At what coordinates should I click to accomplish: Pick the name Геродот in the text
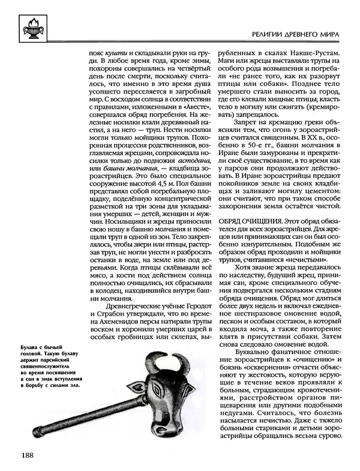coord(196,308)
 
